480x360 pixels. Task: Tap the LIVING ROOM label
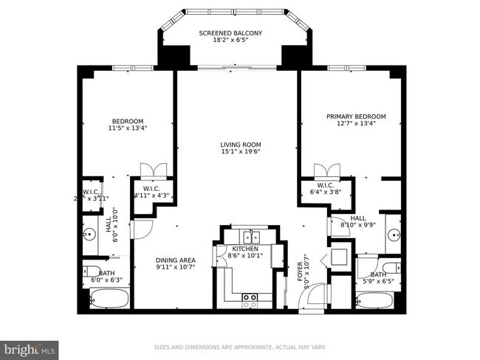point(241,145)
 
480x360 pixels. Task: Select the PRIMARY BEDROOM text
point(356,117)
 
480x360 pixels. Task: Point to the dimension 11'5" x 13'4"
point(127,128)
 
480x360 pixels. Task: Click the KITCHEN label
point(245,249)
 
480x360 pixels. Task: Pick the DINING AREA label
point(175,260)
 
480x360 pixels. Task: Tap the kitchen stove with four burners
point(250,299)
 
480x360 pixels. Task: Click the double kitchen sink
point(251,237)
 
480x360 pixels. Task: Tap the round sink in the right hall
point(392,235)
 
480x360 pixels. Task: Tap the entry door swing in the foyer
point(313,297)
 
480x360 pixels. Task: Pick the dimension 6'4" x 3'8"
point(325,193)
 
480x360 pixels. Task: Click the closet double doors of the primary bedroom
point(326,170)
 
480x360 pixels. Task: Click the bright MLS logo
point(30,347)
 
